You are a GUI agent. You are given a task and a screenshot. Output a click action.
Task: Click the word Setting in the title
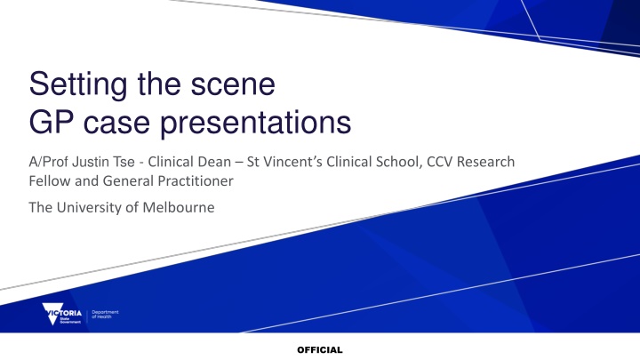pyautogui.click(x=78, y=85)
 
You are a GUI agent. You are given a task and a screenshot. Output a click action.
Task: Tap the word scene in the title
pyautogui.click(x=233, y=85)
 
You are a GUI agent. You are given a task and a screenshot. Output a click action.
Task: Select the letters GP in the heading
pyautogui.click(x=52, y=122)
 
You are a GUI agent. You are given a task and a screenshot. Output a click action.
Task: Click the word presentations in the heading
pyautogui.click(x=255, y=124)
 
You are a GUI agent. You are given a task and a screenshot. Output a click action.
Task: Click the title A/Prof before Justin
pyautogui.click(x=49, y=162)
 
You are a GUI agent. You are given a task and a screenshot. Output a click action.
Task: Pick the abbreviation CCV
pyautogui.click(x=440, y=162)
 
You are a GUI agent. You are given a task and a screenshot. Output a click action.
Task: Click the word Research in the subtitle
pyautogui.click(x=485, y=162)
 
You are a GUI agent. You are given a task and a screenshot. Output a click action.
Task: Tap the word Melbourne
pyautogui.click(x=179, y=207)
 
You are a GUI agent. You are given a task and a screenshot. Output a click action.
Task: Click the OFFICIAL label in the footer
pyautogui.click(x=320, y=350)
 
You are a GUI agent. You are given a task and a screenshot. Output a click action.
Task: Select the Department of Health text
pyautogui.click(x=105, y=314)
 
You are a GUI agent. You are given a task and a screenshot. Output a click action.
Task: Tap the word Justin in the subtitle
pyautogui.click(x=91, y=162)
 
